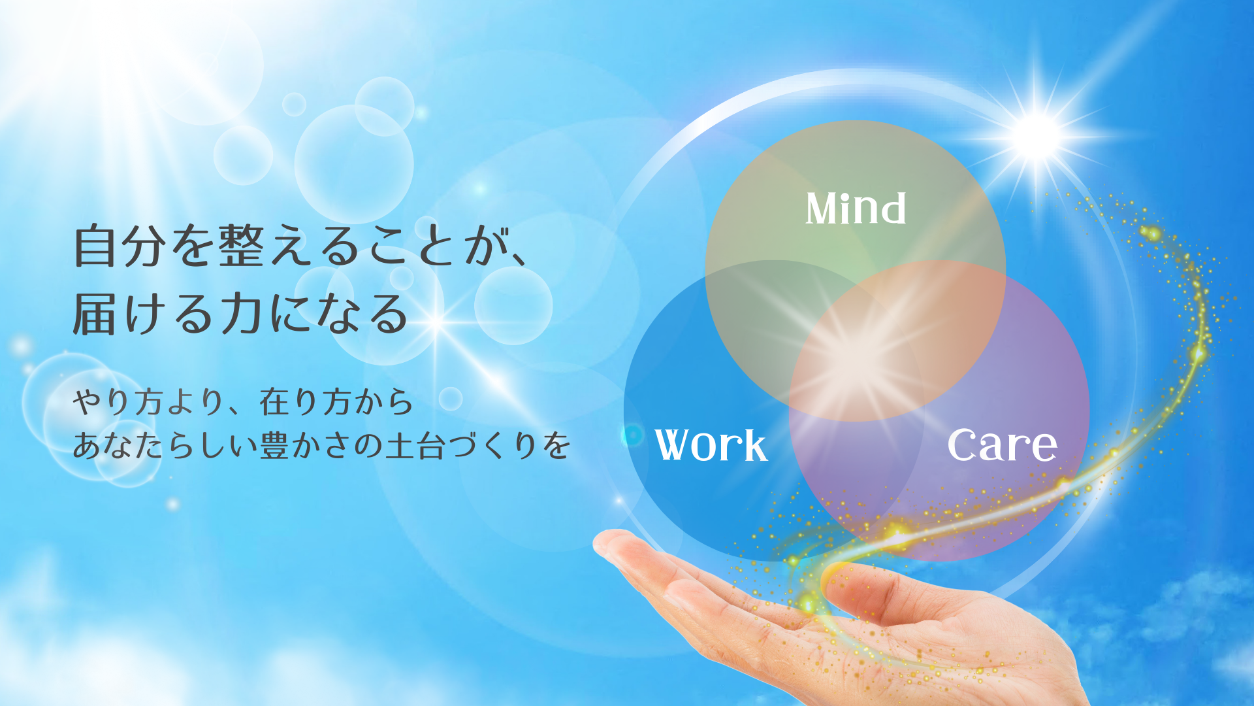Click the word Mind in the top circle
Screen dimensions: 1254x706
[x=856, y=209]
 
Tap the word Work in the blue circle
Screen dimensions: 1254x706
[x=711, y=445]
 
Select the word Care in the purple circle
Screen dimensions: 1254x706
[x=1002, y=445]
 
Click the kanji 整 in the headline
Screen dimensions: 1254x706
[x=241, y=246]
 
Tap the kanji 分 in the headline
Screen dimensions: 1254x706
[x=144, y=246]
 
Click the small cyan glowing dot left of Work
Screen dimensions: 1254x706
[x=632, y=435]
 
